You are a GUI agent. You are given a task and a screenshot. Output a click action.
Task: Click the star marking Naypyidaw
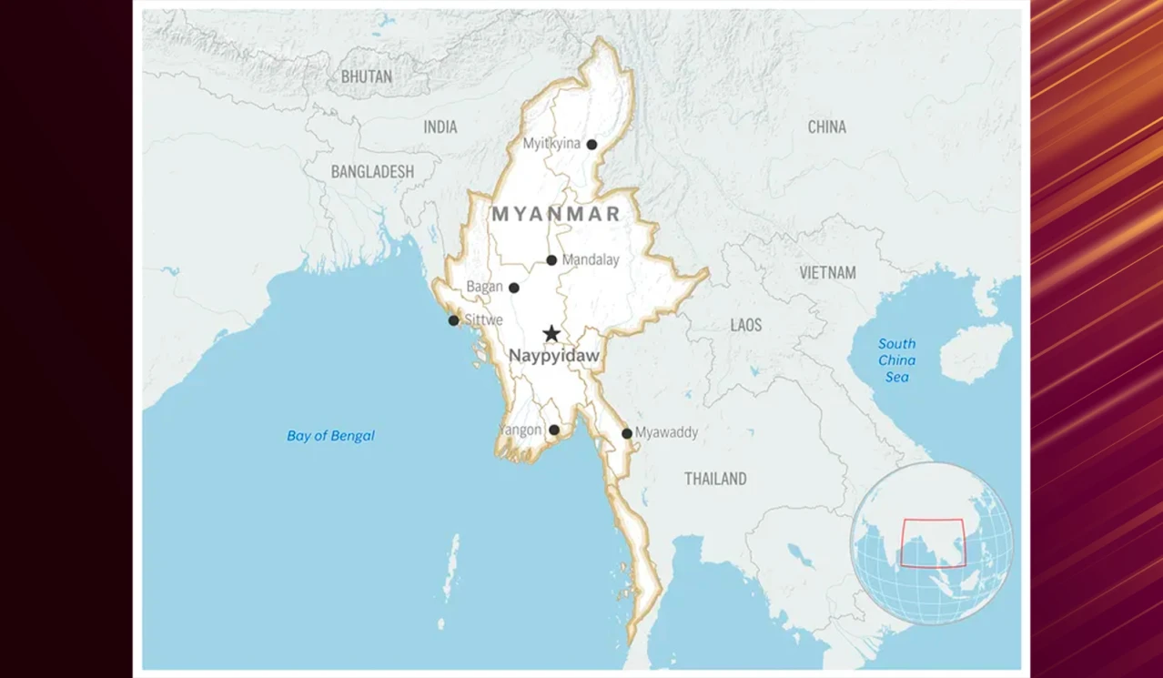(x=551, y=334)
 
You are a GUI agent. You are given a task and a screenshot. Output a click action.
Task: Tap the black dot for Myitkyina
(x=592, y=145)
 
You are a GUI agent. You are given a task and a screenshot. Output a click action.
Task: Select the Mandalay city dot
(x=551, y=260)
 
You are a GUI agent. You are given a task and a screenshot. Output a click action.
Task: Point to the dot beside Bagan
(x=514, y=288)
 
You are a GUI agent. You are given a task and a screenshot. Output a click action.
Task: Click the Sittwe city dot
(x=454, y=320)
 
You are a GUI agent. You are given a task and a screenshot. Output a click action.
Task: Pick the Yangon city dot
(x=554, y=430)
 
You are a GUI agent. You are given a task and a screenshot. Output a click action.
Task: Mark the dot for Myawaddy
(x=627, y=433)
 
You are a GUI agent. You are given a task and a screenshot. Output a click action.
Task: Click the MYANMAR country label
(x=556, y=214)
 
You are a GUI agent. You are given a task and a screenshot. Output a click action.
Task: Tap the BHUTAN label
(x=367, y=76)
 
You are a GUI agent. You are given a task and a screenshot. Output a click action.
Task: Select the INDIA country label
(x=440, y=127)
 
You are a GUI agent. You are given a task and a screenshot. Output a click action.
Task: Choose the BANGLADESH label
(x=372, y=172)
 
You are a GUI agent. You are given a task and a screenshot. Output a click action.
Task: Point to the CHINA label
(x=827, y=127)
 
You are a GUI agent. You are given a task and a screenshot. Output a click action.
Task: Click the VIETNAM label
(x=828, y=273)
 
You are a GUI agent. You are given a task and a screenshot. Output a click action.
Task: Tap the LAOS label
(x=746, y=325)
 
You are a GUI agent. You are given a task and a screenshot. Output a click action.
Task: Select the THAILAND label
(x=715, y=479)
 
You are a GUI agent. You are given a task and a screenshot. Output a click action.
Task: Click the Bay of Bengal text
(x=330, y=436)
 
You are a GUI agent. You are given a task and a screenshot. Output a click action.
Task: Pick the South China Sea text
(x=897, y=360)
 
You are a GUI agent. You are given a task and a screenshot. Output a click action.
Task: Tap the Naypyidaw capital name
(x=554, y=356)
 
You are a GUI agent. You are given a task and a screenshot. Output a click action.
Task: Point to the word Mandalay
(x=591, y=260)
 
